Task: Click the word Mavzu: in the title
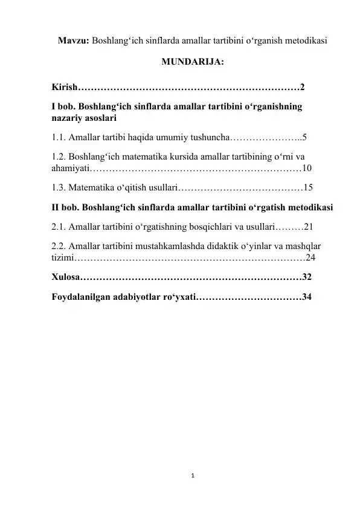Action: pos(72,42)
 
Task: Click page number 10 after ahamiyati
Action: pos(306,167)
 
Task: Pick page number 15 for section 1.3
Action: pos(308,188)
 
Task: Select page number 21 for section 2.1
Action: pos(308,229)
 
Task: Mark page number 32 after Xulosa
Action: pos(307,278)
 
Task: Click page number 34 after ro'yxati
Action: pos(307,297)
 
